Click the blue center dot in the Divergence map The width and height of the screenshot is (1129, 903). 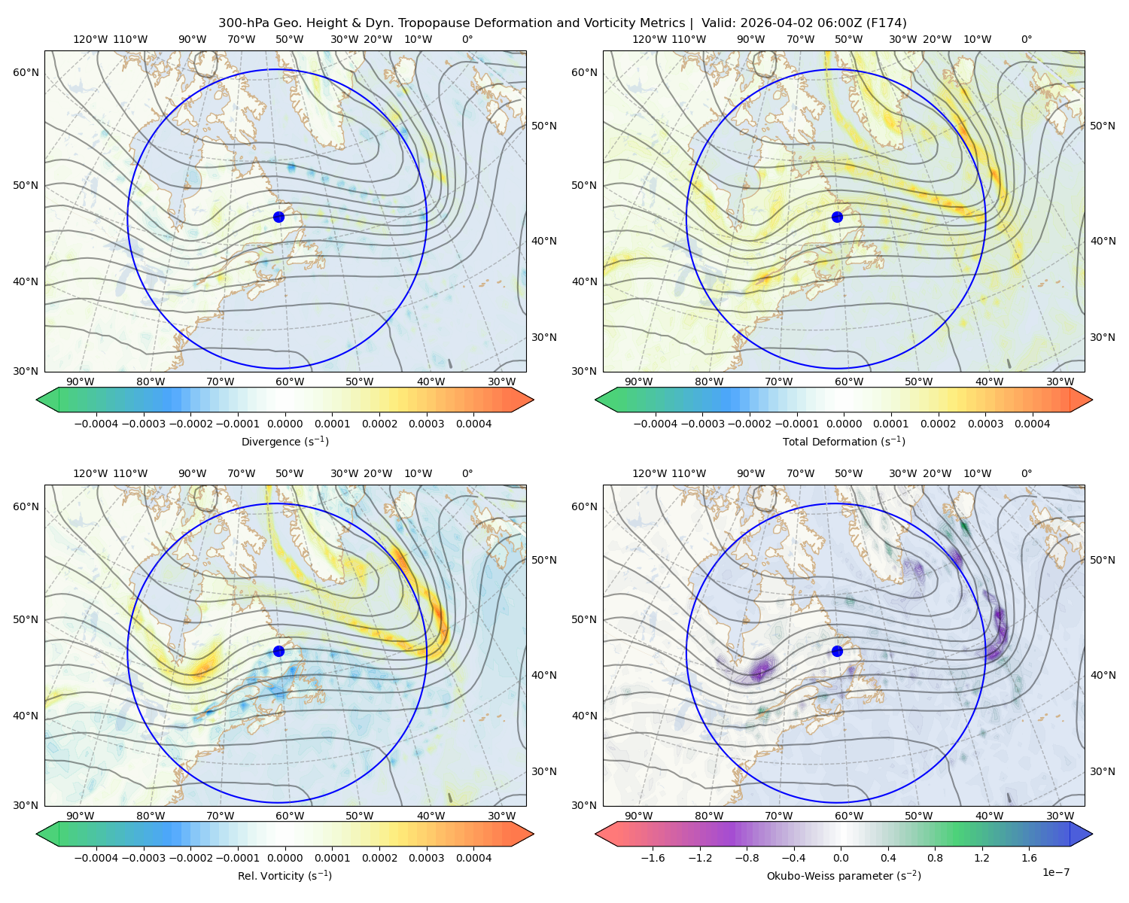tap(278, 217)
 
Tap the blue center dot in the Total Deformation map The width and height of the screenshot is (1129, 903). tap(837, 217)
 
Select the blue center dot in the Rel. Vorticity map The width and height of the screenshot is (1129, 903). tap(278, 651)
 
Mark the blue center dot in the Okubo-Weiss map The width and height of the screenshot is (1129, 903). tap(837, 651)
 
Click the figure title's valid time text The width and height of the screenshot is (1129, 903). tap(804, 23)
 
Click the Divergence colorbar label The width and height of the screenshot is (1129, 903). tap(285, 441)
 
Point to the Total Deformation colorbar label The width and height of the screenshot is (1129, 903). tap(844, 441)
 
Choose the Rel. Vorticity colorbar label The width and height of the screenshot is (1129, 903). tap(285, 875)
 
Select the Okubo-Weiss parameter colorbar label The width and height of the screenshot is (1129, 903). tap(844, 875)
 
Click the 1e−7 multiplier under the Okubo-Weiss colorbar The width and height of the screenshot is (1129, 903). tap(1055, 872)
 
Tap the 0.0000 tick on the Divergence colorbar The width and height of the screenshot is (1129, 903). tap(285, 424)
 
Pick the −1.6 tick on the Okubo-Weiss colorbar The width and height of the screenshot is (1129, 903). tap(653, 858)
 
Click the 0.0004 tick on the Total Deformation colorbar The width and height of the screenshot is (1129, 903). tap(1033, 424)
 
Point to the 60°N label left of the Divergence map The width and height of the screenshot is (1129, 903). tap(26, 72)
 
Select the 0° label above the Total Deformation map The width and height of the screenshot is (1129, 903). tap(1027, 39)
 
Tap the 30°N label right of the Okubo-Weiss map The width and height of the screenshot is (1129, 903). tap(1103, 771)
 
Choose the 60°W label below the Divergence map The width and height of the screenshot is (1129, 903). tap(290, 382)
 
